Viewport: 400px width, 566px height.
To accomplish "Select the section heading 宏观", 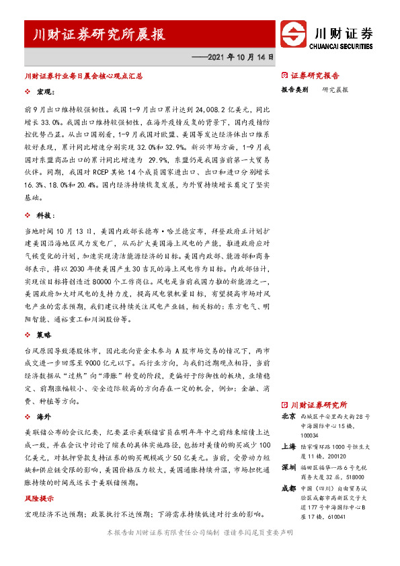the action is point(45,91).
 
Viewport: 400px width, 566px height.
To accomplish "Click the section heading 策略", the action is point(45,334).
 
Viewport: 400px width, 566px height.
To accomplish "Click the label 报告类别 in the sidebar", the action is point(294,89).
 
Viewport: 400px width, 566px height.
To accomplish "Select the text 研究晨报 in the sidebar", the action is point(335,89).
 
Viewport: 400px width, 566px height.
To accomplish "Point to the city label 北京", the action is point(288,417).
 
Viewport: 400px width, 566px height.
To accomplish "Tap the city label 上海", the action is point(288,445).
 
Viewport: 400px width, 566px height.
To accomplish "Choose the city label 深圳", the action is point(288,465).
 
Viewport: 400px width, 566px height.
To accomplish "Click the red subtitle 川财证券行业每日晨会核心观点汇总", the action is point(83,77).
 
